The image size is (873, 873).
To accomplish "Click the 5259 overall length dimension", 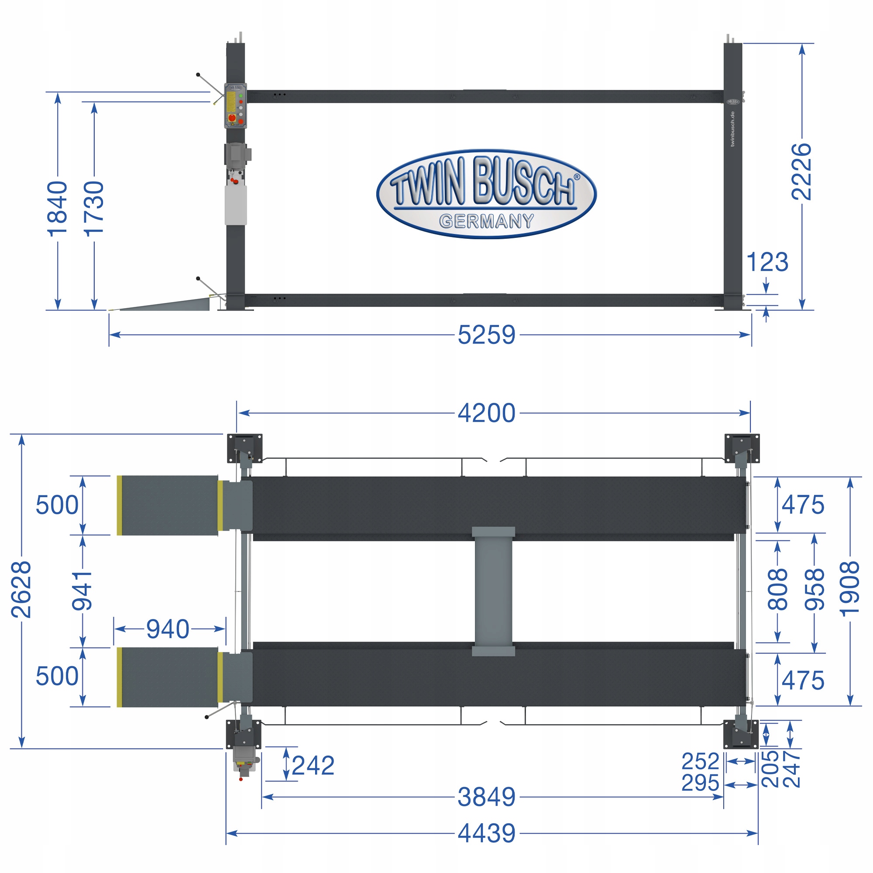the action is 486,335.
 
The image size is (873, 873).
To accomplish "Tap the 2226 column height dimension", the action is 801,172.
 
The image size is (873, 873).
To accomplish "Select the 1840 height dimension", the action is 57,209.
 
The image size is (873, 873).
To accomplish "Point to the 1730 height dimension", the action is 94,209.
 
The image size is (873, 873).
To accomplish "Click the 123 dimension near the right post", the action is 767,262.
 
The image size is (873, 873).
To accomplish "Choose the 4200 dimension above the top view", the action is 486,413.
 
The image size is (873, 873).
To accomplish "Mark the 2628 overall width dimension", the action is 21,590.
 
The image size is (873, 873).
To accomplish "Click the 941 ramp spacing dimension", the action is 82,591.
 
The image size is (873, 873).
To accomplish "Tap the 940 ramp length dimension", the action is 168,629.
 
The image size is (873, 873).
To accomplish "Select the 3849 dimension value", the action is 486,797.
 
